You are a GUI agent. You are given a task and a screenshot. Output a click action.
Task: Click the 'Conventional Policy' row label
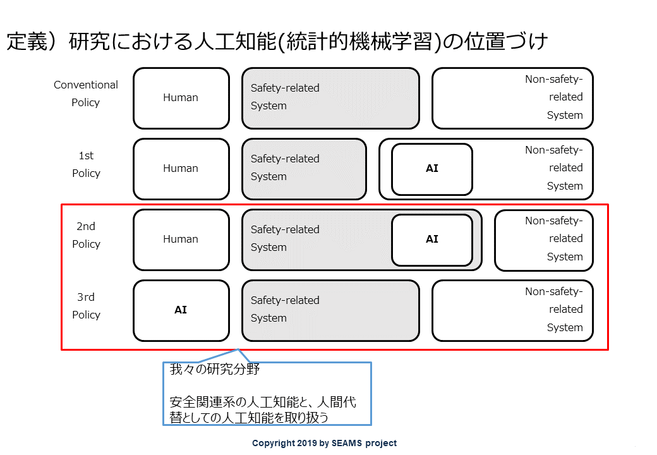pyautogui.click(x=86, y=94)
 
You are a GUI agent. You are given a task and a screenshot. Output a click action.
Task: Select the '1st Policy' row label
pyautogui.click(x=87, y=164)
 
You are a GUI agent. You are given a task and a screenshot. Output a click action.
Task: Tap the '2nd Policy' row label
pyautogui.click(x=87, y=235)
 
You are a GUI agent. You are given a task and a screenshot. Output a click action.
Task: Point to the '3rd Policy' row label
pyautogui.click(x=87, y=306)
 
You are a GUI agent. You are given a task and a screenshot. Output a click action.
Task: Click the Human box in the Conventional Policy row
pyautogui.click(x=181, y=98)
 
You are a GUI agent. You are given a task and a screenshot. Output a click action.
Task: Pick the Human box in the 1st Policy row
pyautogui.click(x=181, y=169)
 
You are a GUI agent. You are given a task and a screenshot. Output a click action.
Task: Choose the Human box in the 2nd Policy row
pyautogui.click(x=181, y=240)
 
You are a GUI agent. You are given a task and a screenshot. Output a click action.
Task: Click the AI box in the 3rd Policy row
pyautogui.click(x=181, y=310)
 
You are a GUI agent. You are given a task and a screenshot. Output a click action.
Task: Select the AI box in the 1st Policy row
pyautogui.click(x=432, y=169)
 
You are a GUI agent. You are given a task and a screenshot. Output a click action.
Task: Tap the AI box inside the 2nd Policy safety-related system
pyautogui.click(x=432, y=240)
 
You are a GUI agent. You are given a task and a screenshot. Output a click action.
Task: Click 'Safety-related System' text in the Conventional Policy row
pyautogui.click(x=285, y=97)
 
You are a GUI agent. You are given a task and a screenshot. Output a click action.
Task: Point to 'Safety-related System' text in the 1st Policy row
pyautogui.click(x=285, y=167)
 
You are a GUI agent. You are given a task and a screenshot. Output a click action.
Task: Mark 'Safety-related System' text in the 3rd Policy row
pyautogui.click(x=285, y=309)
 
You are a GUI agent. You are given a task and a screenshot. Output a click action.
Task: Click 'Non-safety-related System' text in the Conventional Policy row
pyautogui.click(x=554, y=97)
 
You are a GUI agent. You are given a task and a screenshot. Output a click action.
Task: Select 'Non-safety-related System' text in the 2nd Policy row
pyautogui.click(x=554, y=239)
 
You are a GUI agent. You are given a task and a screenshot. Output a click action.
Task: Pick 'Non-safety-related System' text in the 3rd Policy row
pyautogui.click(x=554, y=310)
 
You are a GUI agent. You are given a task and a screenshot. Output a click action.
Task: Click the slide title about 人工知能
pyautogui.click(x=277, y=42)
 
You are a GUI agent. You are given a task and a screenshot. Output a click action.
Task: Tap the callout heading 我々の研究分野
pyautogui.click(x=215, y=369)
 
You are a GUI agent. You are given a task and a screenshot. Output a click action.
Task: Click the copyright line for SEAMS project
pyautogui.click(x=324, y=443)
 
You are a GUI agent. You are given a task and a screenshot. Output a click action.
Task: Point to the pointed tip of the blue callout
pyautogui.click(x=238, y=349)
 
